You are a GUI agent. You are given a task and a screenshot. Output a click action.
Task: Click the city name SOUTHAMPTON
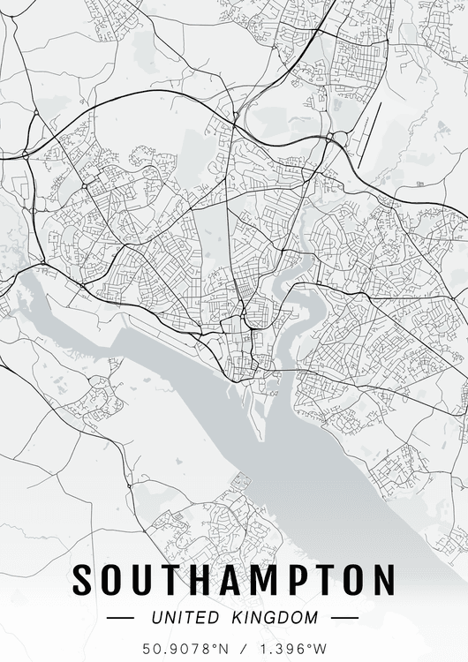point(233,580)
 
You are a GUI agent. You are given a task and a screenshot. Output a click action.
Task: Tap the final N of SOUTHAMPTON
point(381,580)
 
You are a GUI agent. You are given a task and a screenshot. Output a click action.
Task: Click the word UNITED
point(184,617)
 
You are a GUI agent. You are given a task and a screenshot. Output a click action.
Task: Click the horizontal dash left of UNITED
point(120,618)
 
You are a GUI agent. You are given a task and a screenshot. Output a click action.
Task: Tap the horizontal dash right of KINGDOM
point(344,618)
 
